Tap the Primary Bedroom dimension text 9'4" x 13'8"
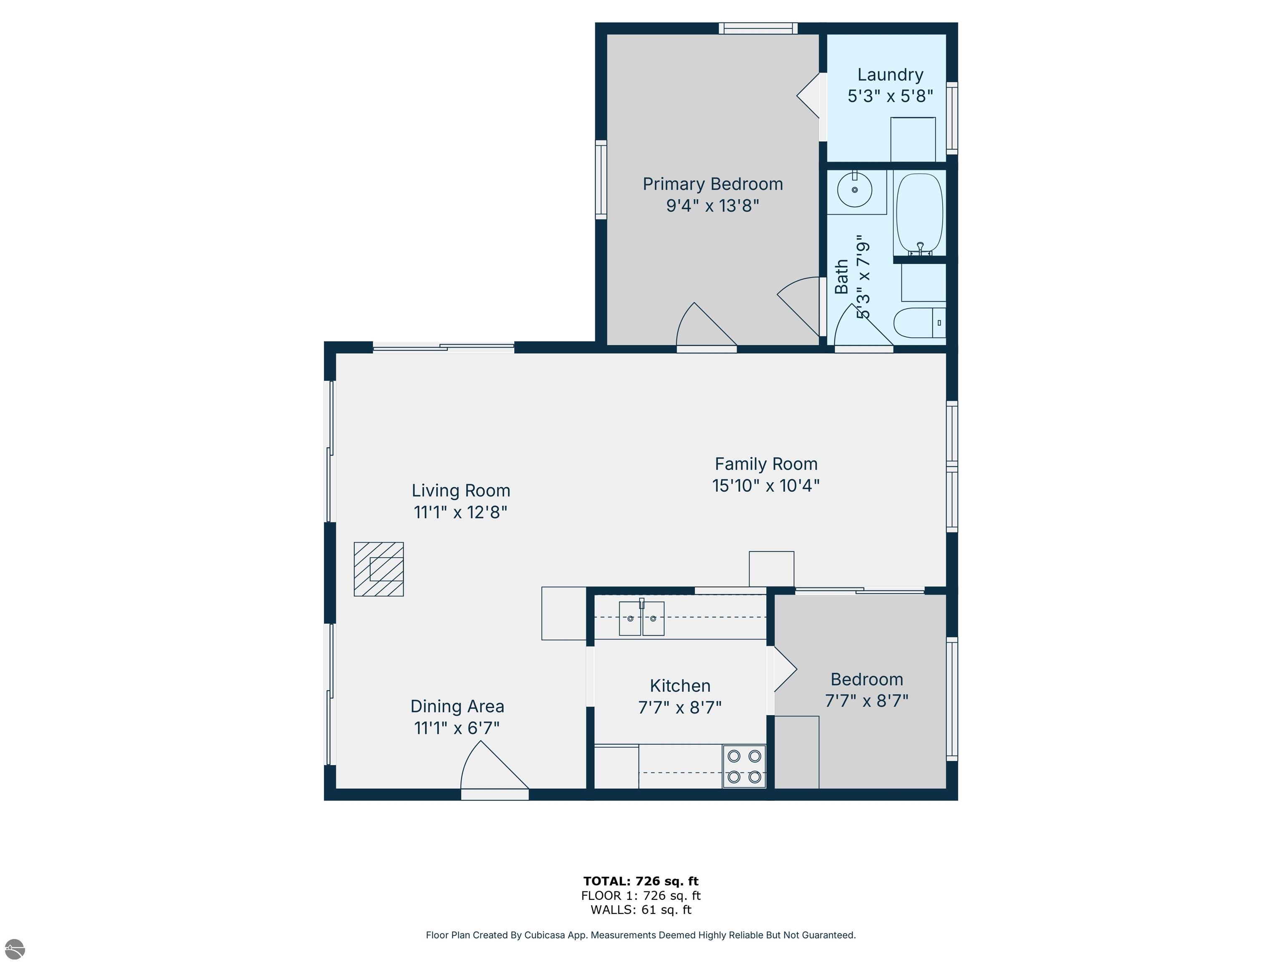pyautogui.click(x=712, y=206)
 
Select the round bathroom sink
pyautogui.click(x=855, y=189)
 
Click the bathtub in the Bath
pyautogui.click(x=920, y=214)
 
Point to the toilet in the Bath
pyautogui.click(x=920, y=322)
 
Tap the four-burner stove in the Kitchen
pyautogui.click(x=744, y=766)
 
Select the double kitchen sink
pyautogui.click(x=641, y=618)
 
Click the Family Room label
pyautogui.click(x=766, y=464)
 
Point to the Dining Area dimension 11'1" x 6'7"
pyautogui.click(x=457, y=728)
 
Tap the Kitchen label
pyautogui.click(x=680, y=686)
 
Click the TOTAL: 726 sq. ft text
pyautogui.click(x=641, y=881)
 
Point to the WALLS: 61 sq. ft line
pyautogui.click(x=641, y=910)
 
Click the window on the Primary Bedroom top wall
pyautogui.click(x=758, y=28)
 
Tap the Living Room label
pyautogui.click(x=461, y=491)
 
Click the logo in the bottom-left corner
pyautogui.click(x=15, y=949)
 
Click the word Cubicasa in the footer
pyautogui.click(x=544, y=935)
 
